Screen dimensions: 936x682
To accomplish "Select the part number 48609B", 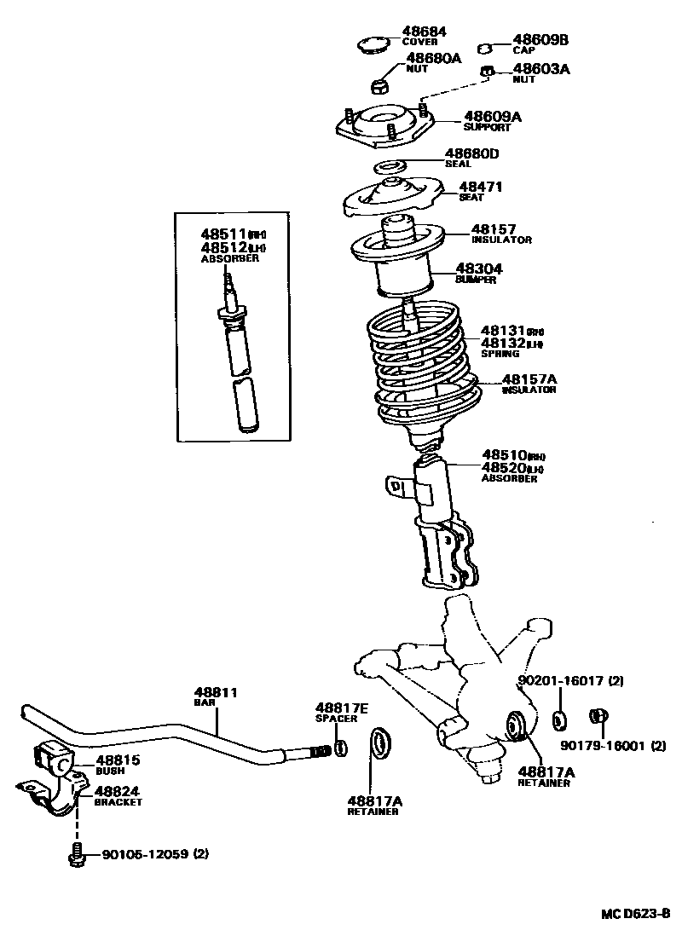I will [540, 39].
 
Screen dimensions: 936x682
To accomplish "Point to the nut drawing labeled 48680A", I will [381, 84].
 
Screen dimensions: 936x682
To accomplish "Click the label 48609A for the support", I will [492, 117].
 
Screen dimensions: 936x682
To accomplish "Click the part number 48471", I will [481, 186].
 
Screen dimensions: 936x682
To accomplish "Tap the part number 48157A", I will [529, 379].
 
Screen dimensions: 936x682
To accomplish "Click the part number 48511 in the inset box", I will [223, 233].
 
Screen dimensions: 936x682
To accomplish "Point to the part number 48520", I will [504, 468].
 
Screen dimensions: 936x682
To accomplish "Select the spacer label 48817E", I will [342, 708].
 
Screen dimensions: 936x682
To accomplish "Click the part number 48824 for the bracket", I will [118, 791].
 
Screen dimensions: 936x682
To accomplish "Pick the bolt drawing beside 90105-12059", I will [77, 853].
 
